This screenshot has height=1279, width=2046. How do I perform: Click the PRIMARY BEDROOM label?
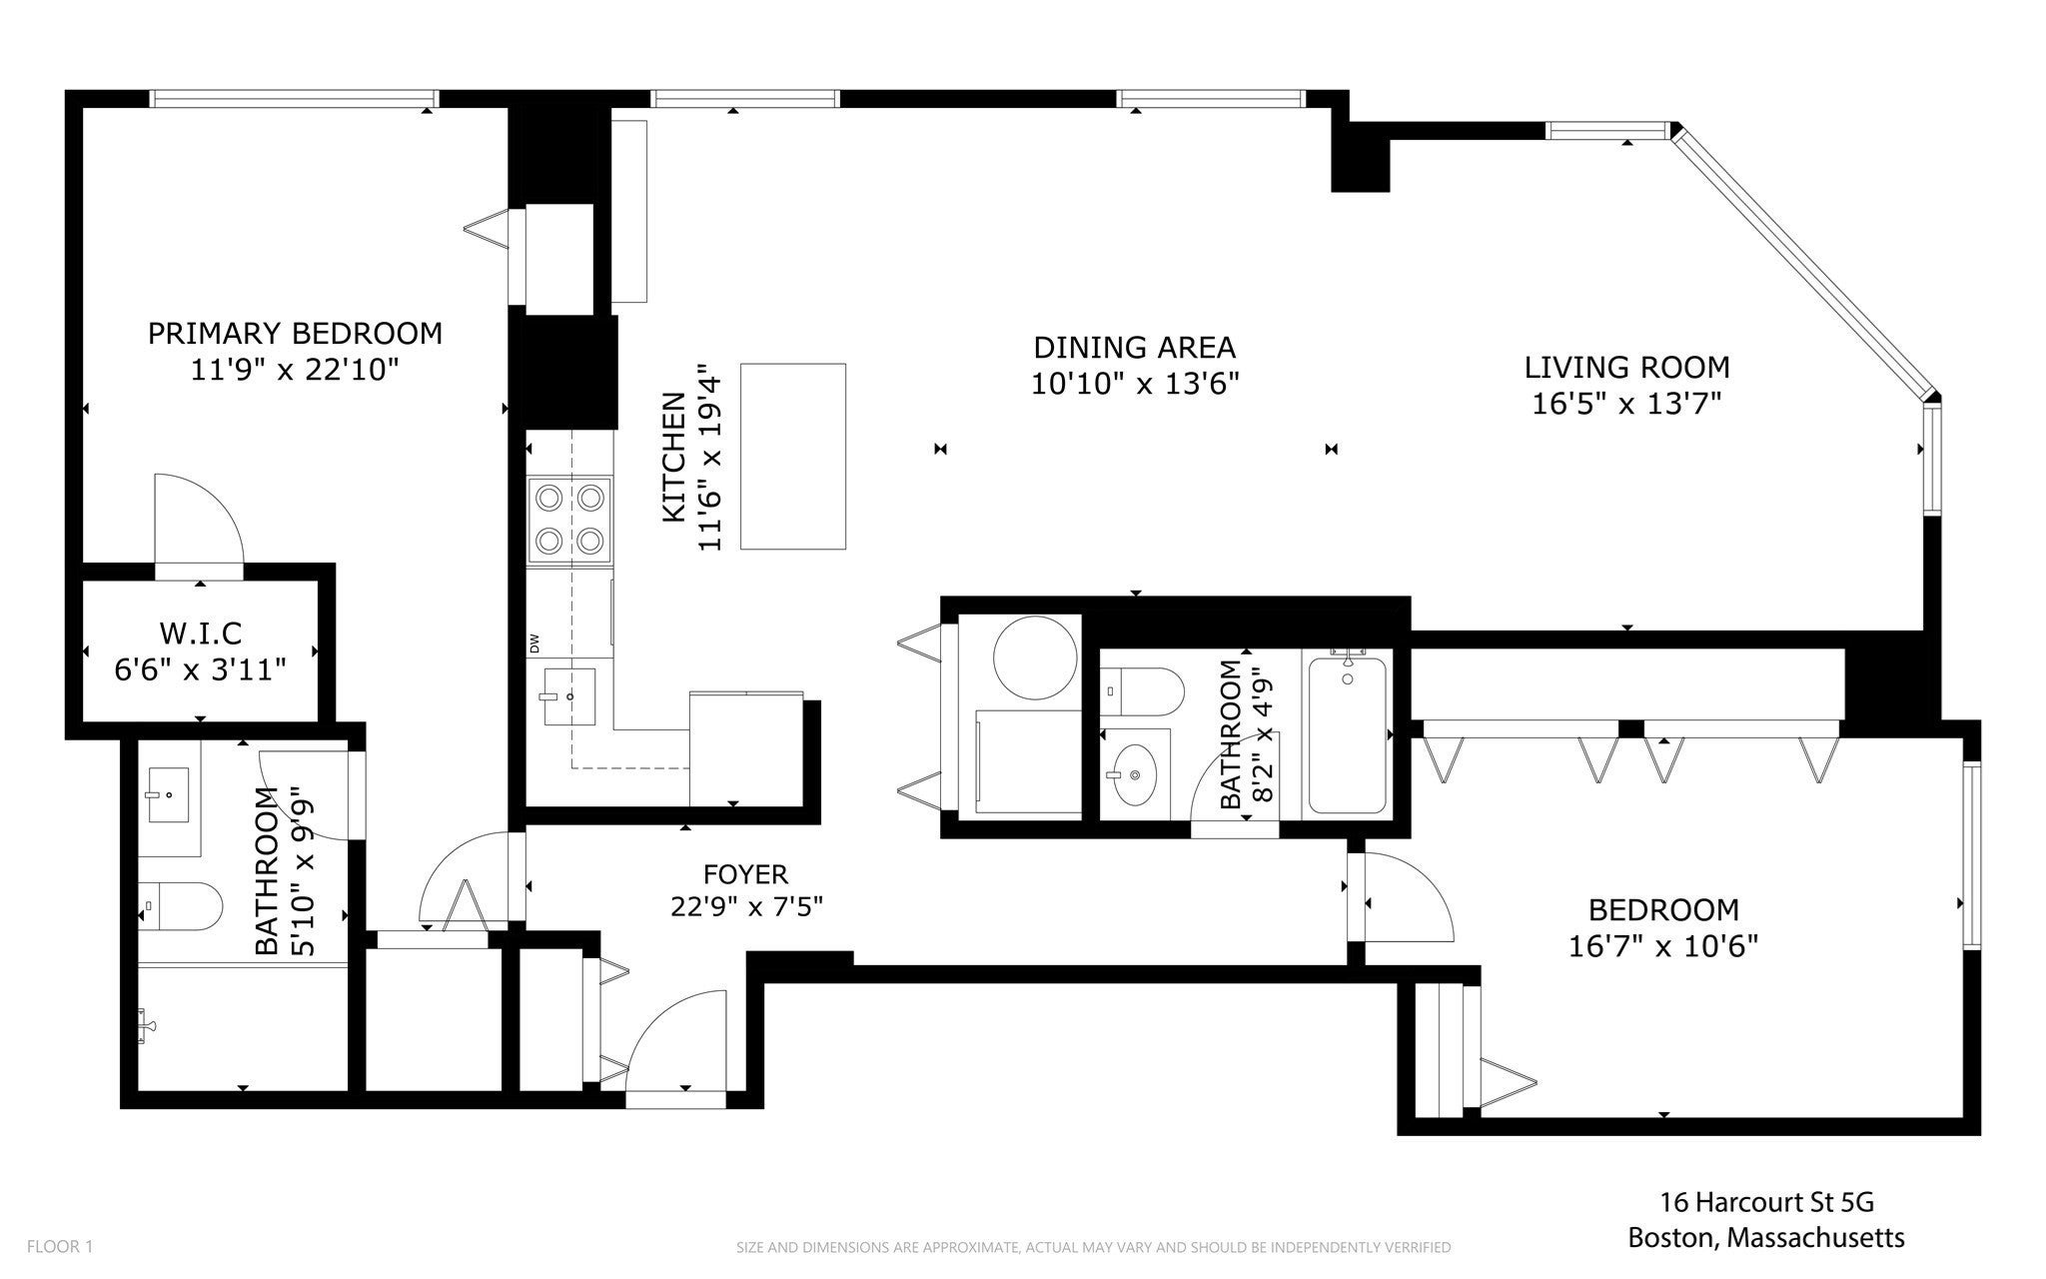[x=295, y=333]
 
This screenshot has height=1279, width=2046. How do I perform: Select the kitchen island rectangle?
[x=793, y=457]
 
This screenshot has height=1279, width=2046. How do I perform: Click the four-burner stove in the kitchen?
[x=570, y=519]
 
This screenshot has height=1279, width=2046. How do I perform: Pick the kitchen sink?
[x=568, y=696]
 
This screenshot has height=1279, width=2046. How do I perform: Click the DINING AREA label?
[x=1135, y=348]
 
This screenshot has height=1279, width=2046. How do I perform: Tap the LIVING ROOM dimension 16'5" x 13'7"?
[x=1626, y=404]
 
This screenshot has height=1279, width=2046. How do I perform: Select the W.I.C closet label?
[x=201, y=634]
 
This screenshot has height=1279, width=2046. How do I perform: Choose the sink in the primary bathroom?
[x=169, y=797]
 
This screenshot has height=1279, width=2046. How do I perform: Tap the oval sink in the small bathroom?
[x=1133, y=774]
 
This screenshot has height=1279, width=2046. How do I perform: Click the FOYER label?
[x=745, y=874]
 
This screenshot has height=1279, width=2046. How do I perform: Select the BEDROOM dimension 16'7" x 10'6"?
[x=1663, y=945]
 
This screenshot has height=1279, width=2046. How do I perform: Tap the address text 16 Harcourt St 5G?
[x=1760, y=1201]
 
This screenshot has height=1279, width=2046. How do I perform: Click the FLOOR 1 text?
[x=60, y=1246]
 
